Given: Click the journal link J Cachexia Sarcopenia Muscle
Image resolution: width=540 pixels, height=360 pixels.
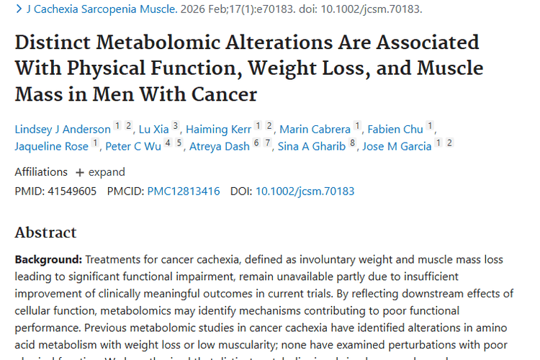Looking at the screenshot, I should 100,9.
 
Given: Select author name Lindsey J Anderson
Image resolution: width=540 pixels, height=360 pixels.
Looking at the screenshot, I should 63,130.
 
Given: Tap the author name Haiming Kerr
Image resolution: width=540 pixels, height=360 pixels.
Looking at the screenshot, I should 218,130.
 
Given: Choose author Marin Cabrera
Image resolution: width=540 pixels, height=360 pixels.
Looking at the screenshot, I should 315,130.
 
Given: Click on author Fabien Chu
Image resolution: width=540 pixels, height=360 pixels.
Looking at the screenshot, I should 395,130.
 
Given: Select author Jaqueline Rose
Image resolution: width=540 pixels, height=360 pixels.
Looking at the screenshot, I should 51,146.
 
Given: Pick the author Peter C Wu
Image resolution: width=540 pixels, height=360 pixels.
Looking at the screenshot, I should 133,146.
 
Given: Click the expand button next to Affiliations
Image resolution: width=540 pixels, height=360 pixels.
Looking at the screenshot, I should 100,172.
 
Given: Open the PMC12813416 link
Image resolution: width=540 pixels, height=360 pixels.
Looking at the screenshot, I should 184,192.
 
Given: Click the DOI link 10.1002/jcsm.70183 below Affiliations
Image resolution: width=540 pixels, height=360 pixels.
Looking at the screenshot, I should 305,192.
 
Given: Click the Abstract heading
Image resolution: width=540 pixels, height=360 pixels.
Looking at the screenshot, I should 45,233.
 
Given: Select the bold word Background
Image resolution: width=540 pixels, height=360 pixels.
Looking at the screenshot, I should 48,259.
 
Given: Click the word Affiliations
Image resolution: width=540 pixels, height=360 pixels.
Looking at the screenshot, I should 41,172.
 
